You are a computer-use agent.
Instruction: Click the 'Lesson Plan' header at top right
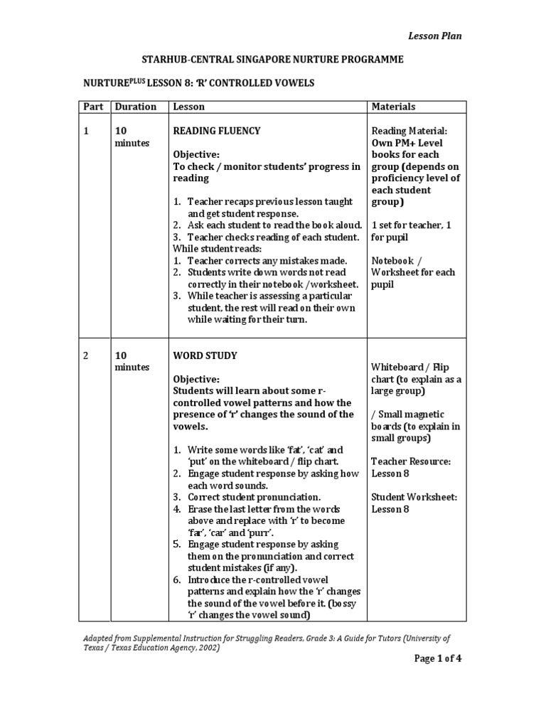[x=434, y=36]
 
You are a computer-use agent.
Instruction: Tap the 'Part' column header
[x=93, y=107]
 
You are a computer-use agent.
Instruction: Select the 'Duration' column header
[x=136, y=107]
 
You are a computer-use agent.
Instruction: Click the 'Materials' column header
[x=394, y=107]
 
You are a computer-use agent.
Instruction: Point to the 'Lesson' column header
[x=188, y=107]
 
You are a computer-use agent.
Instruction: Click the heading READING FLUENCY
[x=217, y=131]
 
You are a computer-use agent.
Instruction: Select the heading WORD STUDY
[x=205, y=355]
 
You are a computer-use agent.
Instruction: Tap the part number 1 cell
[x=86, y=131]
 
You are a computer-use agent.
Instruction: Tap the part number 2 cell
[x=86, y=355]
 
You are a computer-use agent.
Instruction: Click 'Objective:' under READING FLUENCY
[x=197, y=154]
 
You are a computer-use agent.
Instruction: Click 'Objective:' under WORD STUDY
[x=197, y=379]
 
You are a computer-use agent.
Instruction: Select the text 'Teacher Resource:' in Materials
[x=411, y=461]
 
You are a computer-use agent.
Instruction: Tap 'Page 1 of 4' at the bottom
[x=438, y=658]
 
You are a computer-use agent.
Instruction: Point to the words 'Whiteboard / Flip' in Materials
[x=410, y=367]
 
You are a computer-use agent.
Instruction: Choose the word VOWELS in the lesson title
[x=291, y=84]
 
